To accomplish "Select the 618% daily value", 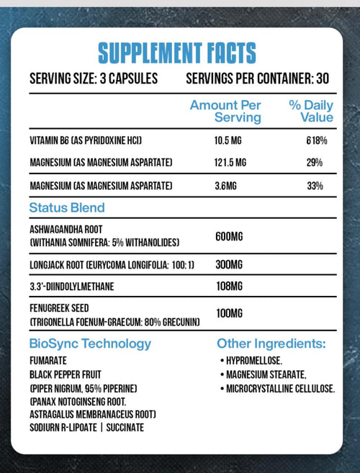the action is pyautogui.click(x=316, y=140).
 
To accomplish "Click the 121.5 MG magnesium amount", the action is pyautogui.click(x=231, y=163).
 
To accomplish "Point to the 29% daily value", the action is pyautogui.click(x=314, y=163).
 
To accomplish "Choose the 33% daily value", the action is pyautogui.click(x=314, y=186).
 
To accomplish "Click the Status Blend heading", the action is pyautogui.click(x=67, y=208).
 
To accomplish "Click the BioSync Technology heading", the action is pyautogui.click(x=91, y=343).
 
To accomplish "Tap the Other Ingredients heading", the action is pyautogui.click(x=271, y=343).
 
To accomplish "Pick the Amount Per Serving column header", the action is pyautogui.click(x=225, y=111).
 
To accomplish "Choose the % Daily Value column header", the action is pyautogui.click(x=311, y=111).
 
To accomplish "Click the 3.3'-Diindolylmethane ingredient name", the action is pyautogui.click(x=72, y=287).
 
